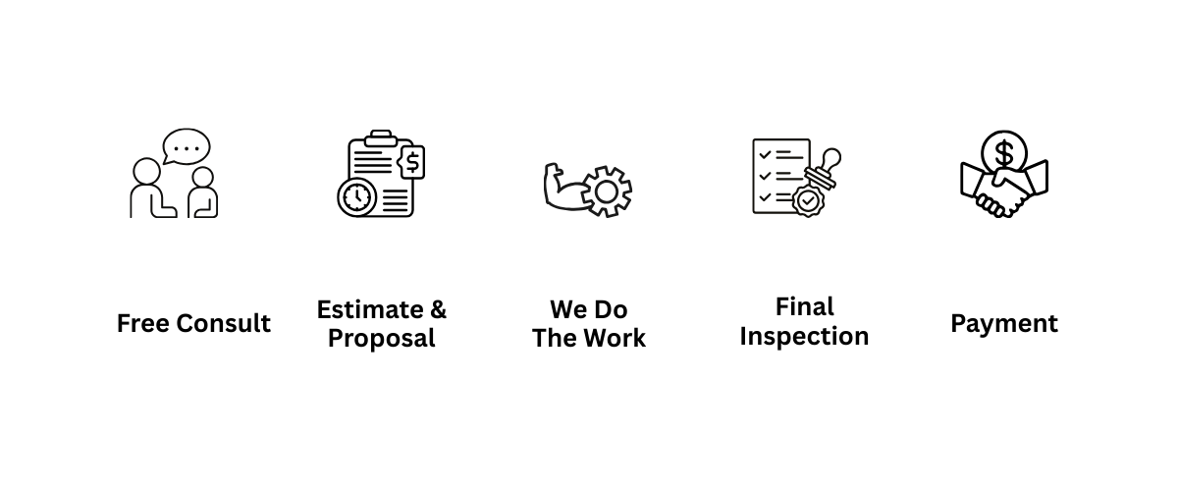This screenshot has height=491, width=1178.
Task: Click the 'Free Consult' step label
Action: (x=193, y=323)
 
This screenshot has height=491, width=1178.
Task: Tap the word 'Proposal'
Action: (x=381, y=339)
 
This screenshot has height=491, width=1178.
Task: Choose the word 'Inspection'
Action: (x=804, y=336)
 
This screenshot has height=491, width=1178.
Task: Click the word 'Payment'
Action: (x=1004, y=323)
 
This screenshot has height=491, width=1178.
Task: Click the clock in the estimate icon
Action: (x=356, y=196)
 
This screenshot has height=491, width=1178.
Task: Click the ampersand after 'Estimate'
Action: (x=437, y=310)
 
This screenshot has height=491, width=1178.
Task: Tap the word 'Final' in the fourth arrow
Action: (x=804, y=307)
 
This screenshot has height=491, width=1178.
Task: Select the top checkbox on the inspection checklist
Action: (x=759, y=152)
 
